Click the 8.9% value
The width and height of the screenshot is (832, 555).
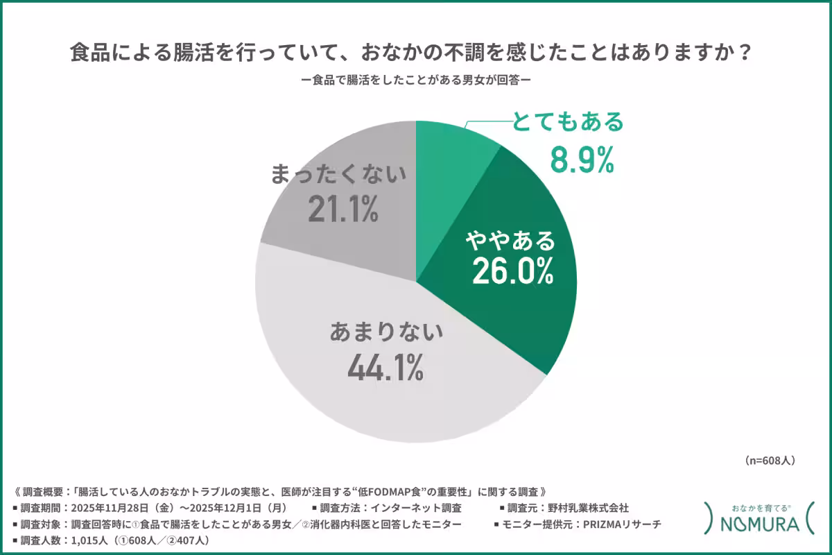pyautogui.click(x=582, y=160)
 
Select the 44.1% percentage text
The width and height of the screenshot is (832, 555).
pyautogui.click(x=385, y=367)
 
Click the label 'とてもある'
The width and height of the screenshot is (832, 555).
pyautogui.click(x=568, y=123)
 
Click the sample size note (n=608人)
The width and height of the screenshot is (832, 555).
pyautogui.click(x=769, y=460)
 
